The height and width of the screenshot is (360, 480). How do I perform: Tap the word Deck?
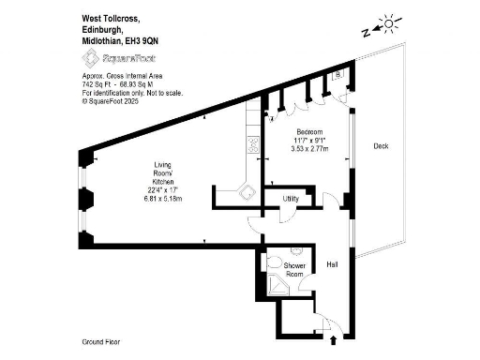[x=381, y=146]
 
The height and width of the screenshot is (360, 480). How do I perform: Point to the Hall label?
[x=332, y=265]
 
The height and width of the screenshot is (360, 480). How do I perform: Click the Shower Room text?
[x=294, y=270]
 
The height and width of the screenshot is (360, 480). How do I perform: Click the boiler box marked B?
[x=338, y=75]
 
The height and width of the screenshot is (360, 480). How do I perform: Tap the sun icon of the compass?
[x=387, y=22]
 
